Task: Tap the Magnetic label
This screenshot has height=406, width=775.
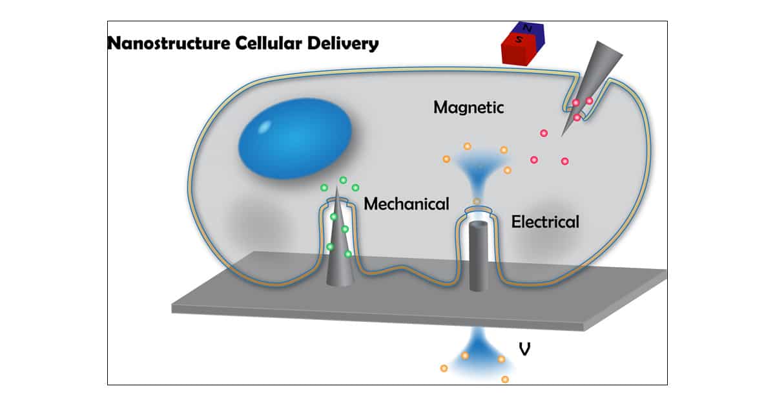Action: (468, 107)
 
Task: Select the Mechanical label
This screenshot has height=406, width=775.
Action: (406, 204)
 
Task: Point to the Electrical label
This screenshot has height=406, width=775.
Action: (545, 222)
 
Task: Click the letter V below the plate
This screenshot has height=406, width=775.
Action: (525, 349)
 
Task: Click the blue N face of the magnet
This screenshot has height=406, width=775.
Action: (532, 33)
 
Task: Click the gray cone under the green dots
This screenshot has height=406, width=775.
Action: (339, 259)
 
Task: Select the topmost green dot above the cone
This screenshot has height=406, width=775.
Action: (344, 180)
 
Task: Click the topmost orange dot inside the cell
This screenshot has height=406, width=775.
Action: (468, 146)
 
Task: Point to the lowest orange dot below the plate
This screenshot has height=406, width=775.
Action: (505, 379)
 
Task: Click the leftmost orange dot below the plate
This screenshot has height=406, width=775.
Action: (444, 369)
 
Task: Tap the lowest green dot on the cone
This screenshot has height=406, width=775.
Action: (348, 254)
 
